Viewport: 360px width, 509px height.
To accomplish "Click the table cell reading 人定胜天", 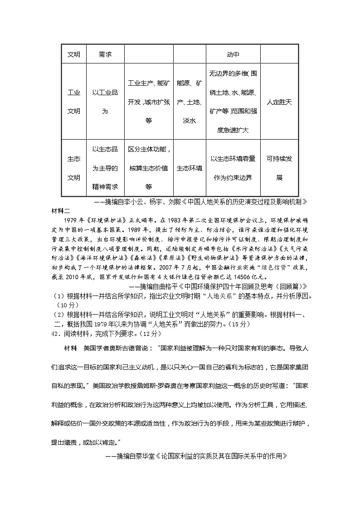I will click(279, 102).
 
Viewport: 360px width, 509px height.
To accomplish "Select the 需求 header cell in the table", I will click(105, 55).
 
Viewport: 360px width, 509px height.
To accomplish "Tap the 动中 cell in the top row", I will click(233, 55).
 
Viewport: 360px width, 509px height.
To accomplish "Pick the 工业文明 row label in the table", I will click(74, 102).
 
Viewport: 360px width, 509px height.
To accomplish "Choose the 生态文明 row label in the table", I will click(74, 168).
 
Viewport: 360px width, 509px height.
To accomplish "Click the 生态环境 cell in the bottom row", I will click(189, 168).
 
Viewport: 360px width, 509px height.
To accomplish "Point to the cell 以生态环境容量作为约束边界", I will click(233, 168).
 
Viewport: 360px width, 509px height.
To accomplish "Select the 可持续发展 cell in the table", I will click(279, 168).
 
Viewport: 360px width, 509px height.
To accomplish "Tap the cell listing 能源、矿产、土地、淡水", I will click(189, 102).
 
